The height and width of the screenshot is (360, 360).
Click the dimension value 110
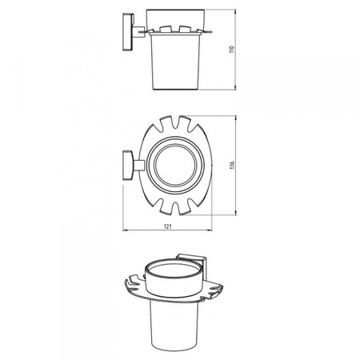pos(232,49)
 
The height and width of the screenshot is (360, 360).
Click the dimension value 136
pos(232,165)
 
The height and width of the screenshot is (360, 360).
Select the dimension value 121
pos(167,226)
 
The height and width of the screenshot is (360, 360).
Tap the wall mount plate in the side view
pos(128,32)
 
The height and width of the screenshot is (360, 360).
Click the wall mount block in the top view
pos(128,166)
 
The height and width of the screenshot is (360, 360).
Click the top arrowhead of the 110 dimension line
pos(235,12)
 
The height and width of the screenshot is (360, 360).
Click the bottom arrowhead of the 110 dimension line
pos(235,87)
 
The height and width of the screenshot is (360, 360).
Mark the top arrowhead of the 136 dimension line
pos(235,118)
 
